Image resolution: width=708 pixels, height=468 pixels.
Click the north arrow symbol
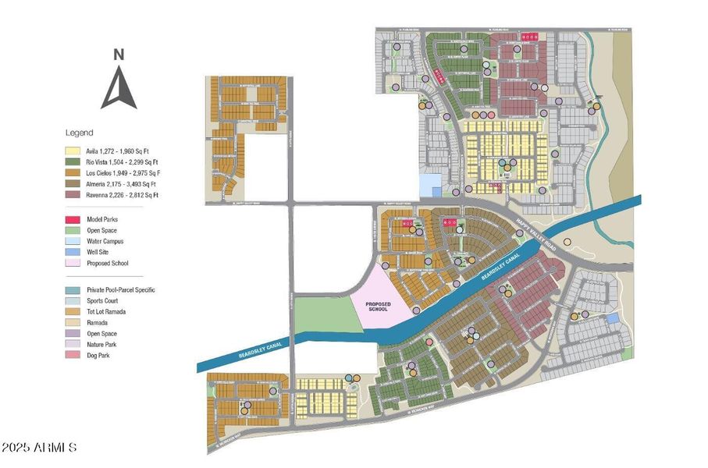pos(119,88)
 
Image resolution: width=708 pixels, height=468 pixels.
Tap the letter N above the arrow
pos(119,55)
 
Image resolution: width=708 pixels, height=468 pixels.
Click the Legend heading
pos(79,133)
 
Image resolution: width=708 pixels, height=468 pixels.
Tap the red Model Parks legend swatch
pos(74,220)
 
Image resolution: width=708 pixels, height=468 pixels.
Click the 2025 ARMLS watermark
pos(39,448)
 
